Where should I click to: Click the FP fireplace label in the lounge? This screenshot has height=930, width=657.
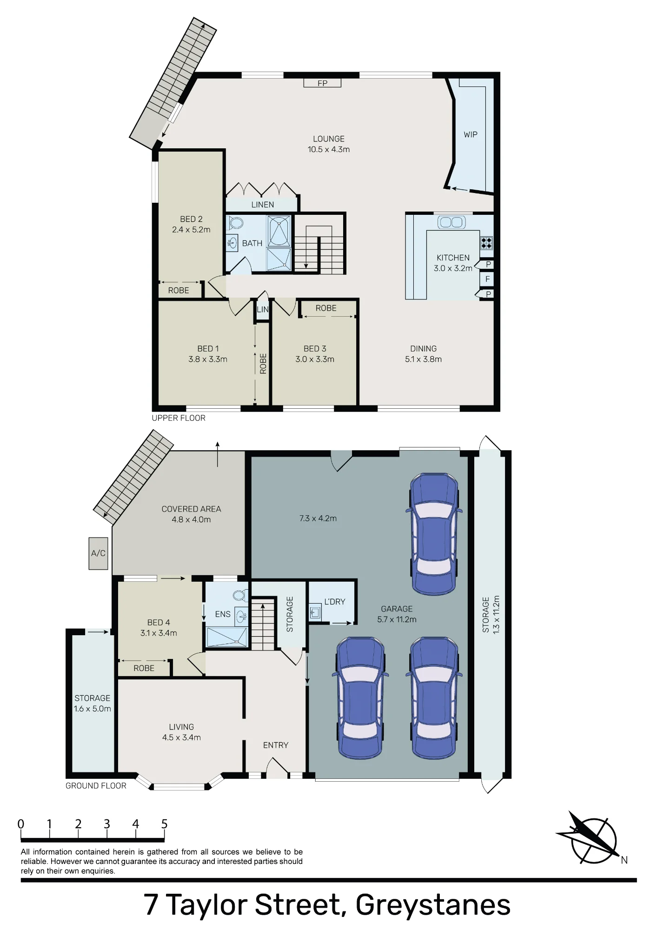[322, 83]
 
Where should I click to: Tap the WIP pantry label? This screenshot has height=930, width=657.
[471, 134]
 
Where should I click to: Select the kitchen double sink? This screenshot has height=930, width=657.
[451, 222]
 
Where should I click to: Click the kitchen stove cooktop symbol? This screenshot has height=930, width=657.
[486, 243]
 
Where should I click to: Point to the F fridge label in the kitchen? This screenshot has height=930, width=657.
[487, 279]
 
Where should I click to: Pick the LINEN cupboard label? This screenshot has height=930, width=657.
[263, 205]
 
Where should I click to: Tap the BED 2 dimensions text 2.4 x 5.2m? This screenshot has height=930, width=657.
[191, 230]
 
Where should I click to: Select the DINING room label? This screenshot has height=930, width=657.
[423, 348]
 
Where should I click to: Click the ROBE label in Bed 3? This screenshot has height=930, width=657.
[326, 308]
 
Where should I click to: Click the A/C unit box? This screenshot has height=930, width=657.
[98, 553]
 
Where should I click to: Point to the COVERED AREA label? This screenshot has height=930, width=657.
[191, 509]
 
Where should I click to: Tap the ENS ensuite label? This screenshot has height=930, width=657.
[223, 614]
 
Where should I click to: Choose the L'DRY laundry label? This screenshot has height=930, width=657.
[335, 601]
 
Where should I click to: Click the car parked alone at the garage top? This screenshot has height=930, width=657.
[434, 534]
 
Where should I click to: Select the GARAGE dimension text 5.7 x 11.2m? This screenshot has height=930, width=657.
[397, 619]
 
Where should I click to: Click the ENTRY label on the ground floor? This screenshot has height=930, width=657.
[276, 745]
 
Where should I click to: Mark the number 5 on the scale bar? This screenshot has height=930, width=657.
[164, 824]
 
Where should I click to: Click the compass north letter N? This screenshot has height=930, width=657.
[624, 860]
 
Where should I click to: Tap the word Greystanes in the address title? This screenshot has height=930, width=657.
[433, 905]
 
